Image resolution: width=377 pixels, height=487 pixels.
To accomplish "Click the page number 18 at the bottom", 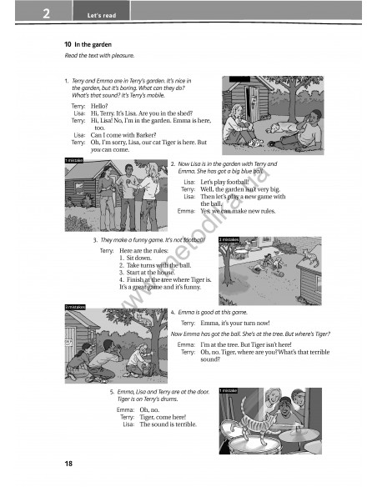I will [x=68, y=463].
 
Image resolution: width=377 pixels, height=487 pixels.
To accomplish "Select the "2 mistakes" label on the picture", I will [x=229, y=239].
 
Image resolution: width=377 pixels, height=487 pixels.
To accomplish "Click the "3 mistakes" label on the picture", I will [x=76, y=308].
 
